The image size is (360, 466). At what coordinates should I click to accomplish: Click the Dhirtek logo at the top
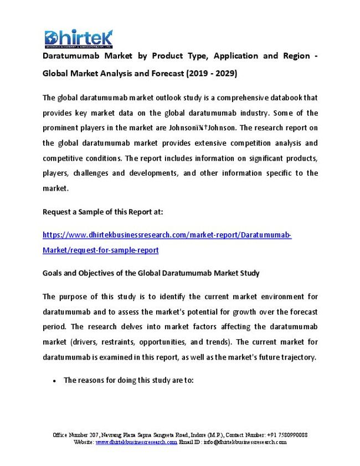79,38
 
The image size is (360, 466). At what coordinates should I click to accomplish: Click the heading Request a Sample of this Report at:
102,212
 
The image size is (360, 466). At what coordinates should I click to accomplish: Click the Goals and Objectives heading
151,273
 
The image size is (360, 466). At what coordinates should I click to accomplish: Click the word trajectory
297,357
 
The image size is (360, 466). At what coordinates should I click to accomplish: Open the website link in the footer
136,442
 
